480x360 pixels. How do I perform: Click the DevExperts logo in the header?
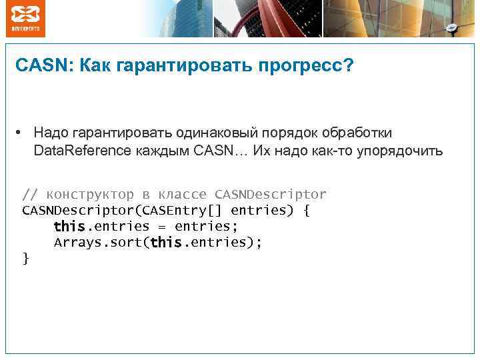(26, 19)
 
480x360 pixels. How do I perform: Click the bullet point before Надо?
(22, 133)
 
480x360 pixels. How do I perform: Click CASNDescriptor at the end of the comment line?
(271, 195)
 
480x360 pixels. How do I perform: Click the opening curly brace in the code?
(306, 211)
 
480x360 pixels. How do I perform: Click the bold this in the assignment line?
(69, 227)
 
